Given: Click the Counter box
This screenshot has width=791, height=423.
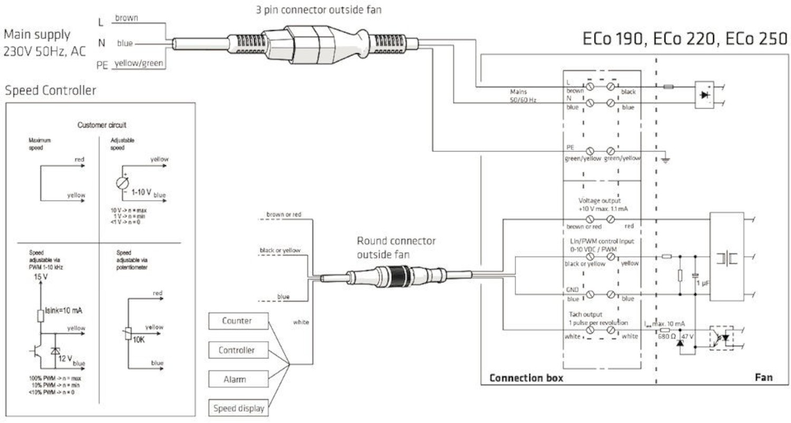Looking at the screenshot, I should pyautogui.click(x=238, y=321).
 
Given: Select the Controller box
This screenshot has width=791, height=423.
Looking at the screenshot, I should pyautogui.click(x=238, y=350).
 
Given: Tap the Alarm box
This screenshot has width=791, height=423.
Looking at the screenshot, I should pyautogui.click(x=238, y=379).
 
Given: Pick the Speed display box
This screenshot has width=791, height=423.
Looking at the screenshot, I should pyautogui.click(x=238, y=408).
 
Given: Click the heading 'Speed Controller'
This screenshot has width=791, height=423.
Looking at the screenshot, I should pyautogui.click(x=51, y=91).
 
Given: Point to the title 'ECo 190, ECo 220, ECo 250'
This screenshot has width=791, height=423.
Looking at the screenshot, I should pyautogui.click(x=684, y=40).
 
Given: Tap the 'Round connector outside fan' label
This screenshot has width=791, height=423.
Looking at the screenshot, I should pyautogui.click(x=396, y=247).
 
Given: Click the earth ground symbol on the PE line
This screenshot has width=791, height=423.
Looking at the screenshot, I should pyautogui.click(x=666, y=159).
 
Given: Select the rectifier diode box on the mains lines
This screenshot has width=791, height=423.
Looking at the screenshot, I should pyautogui.click(x=705, y=95).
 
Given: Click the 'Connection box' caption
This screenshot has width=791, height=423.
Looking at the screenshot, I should pyautogui.click(x=526, y=378).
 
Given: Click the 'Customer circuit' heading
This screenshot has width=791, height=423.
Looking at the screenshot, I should pyautogui.click(x=102, y=125).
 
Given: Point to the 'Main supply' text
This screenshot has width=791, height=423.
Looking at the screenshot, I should pyautogui.click(x=37, y=35).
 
